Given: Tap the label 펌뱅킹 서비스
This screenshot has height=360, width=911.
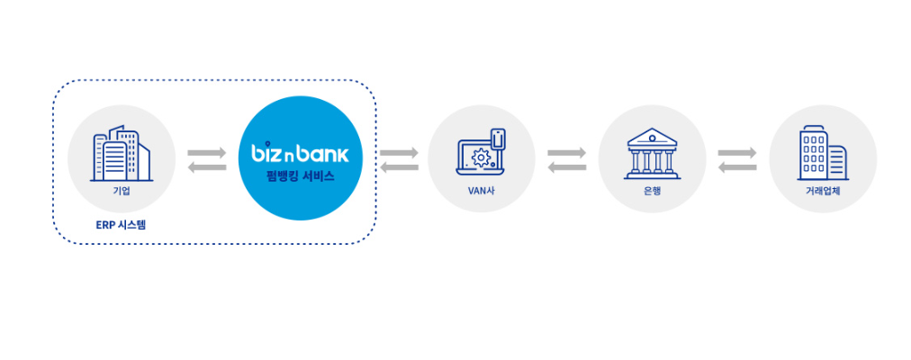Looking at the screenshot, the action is (301, 176).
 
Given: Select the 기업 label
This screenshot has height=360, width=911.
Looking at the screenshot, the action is (122, 191).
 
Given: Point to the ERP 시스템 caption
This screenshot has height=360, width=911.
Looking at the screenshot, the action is (122, 223).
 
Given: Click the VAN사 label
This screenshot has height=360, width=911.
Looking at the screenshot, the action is (481, 191).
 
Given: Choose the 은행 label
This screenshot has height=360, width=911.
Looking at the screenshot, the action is (653, 191).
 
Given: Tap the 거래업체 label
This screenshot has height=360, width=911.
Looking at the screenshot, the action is (824, 191).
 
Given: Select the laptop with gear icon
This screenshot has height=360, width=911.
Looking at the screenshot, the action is (481, 151).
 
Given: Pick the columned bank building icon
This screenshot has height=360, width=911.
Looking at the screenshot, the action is (653, 153).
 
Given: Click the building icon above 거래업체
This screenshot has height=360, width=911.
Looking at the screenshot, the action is (824, 154).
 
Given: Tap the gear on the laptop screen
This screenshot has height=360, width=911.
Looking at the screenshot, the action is (480, 157).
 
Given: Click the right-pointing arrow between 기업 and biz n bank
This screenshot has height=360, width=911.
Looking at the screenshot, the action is (207, 153).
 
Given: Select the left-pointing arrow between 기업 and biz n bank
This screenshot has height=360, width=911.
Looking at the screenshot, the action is (207, 167).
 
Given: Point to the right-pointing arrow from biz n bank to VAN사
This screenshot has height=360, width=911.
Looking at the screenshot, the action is (399, 153).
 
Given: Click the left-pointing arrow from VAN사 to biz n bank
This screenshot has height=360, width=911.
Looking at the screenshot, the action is (399, 167).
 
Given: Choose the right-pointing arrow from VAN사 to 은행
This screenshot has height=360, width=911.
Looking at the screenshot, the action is (566, 153).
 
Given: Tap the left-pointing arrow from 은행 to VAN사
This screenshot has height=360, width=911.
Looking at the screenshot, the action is (566, 167).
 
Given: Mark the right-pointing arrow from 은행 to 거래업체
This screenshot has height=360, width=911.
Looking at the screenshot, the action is (737, 153).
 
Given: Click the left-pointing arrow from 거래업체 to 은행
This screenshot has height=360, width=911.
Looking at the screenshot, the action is (737, 167).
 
